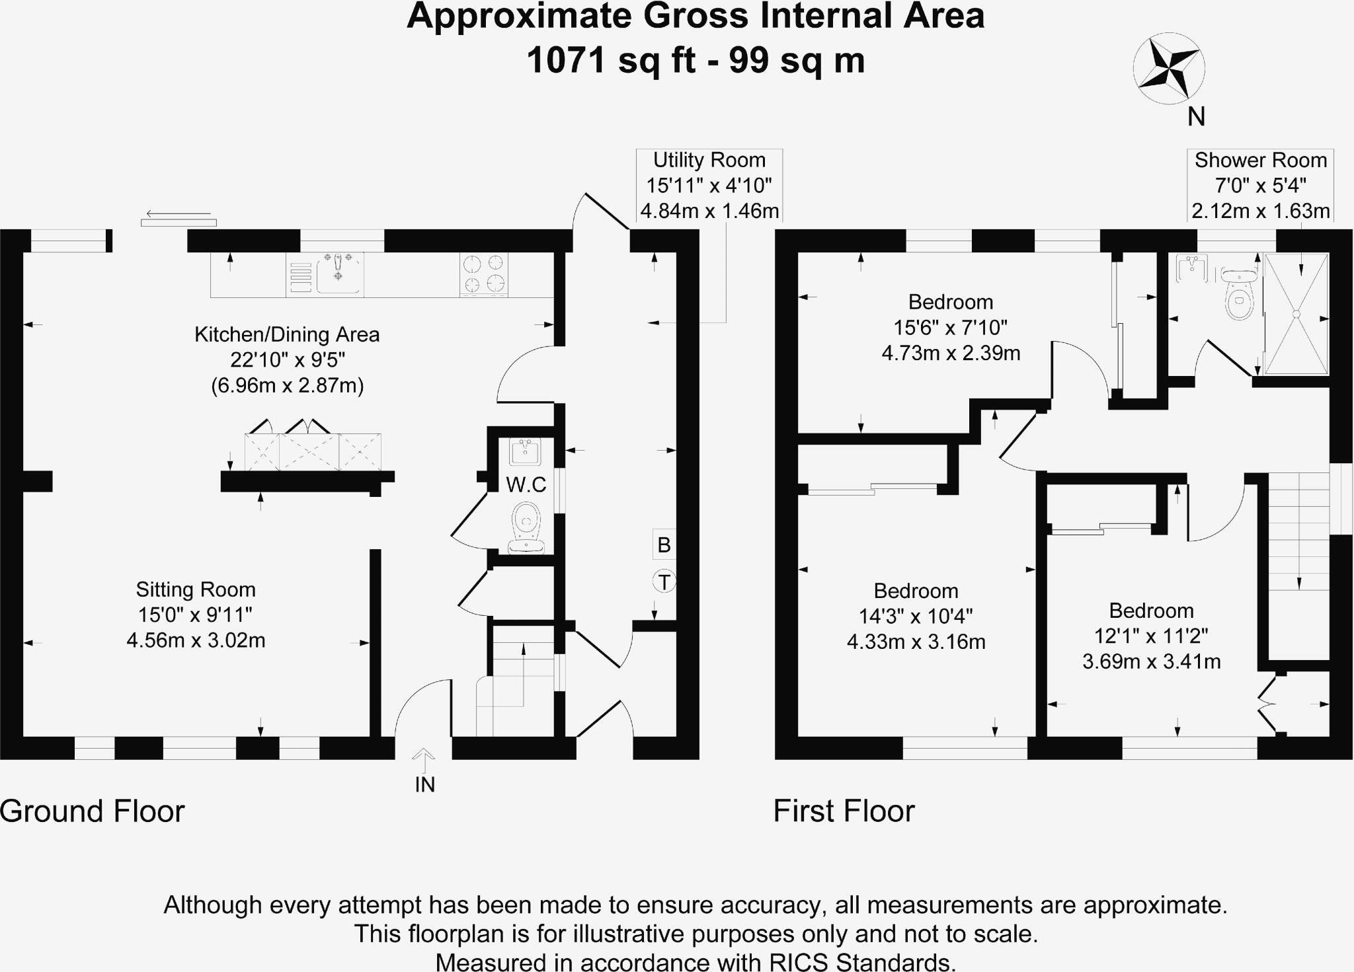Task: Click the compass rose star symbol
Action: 1169,68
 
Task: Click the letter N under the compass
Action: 1196,117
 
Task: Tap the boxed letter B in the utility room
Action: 664,545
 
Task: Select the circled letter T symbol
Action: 664,582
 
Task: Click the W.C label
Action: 526,485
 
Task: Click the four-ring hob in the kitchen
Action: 484,274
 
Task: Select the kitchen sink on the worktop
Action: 338,273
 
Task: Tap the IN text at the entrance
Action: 424,785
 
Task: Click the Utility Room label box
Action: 709,186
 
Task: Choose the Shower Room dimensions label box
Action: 1260,186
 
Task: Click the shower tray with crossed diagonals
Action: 1296,314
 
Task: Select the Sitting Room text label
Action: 196,589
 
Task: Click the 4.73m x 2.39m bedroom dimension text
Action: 951,354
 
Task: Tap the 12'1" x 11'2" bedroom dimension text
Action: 1151,636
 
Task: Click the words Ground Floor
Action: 93,811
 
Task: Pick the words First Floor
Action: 844,811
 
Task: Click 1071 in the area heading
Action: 567,61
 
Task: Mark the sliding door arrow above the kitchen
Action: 178,214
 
